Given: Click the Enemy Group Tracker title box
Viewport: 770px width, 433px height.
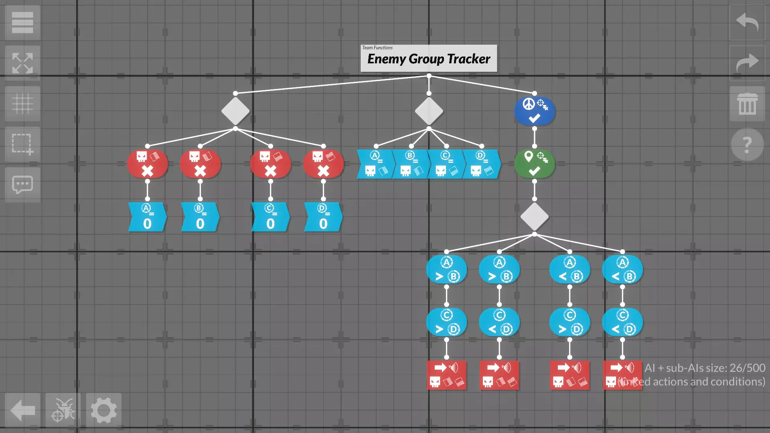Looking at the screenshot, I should tap(429, 59).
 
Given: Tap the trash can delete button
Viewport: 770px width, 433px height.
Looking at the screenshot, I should tap(747, 104).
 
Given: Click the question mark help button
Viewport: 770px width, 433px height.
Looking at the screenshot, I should tap(747, 145).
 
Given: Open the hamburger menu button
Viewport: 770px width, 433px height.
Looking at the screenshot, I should tap(22, 22).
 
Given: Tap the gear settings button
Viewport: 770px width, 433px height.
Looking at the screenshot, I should tap(103, 410).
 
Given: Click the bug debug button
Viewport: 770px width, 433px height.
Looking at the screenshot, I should tap(63, 410).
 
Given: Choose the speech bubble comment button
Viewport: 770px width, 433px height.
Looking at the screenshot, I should tap(22, 185).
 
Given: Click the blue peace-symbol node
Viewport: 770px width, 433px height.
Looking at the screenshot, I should tap(534, 111).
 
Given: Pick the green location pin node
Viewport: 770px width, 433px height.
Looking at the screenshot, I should tap(534, 164).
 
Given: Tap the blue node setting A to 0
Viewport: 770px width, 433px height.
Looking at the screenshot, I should tap(147, 217).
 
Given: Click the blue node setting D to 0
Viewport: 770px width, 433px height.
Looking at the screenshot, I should tap(323, 217).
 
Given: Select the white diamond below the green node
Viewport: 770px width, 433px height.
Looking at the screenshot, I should tap(534, 216).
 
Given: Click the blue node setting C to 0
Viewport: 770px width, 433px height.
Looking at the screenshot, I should tap(270, 217).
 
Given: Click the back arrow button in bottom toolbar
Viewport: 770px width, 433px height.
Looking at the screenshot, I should tap(22, 410).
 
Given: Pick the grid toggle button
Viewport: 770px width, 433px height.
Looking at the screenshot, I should tap(22, 104).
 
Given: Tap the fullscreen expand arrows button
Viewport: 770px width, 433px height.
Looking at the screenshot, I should tap(22, 63).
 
